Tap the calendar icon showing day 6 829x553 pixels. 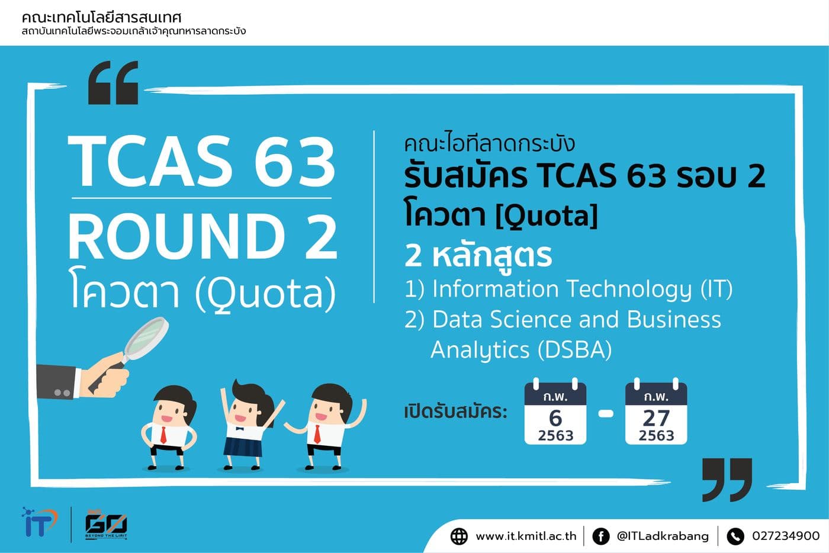(555, 414)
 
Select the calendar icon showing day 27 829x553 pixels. (656, 414)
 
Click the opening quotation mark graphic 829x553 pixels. (113, 83)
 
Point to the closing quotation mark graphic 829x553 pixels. (727, 479)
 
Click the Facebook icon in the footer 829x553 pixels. (600, 536)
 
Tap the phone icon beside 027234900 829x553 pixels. (735, 536)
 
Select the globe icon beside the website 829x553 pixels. (459, 536)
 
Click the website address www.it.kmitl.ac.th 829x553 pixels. (526, 536)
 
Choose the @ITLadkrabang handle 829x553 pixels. (662, 536)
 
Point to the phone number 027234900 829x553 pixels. (785, 536)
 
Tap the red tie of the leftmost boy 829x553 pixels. (163, 435)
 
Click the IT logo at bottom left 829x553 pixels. (39, 522)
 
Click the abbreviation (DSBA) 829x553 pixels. (574, 350)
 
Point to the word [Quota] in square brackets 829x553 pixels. (546, 216)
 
